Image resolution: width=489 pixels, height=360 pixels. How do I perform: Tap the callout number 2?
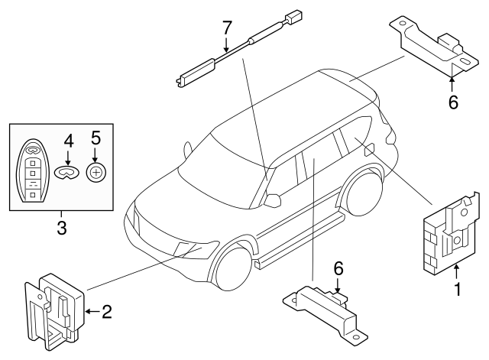click(106, 311)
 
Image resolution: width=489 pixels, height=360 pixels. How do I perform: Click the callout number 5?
click(96, 138)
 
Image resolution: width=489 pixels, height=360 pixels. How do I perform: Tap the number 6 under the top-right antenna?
click(452, 101)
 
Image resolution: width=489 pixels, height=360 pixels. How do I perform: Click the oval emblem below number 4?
click(68, 173)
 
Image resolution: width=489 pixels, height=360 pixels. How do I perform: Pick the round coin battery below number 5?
click(96, 172)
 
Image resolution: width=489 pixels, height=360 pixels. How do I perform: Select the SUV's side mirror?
click(273, 200)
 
